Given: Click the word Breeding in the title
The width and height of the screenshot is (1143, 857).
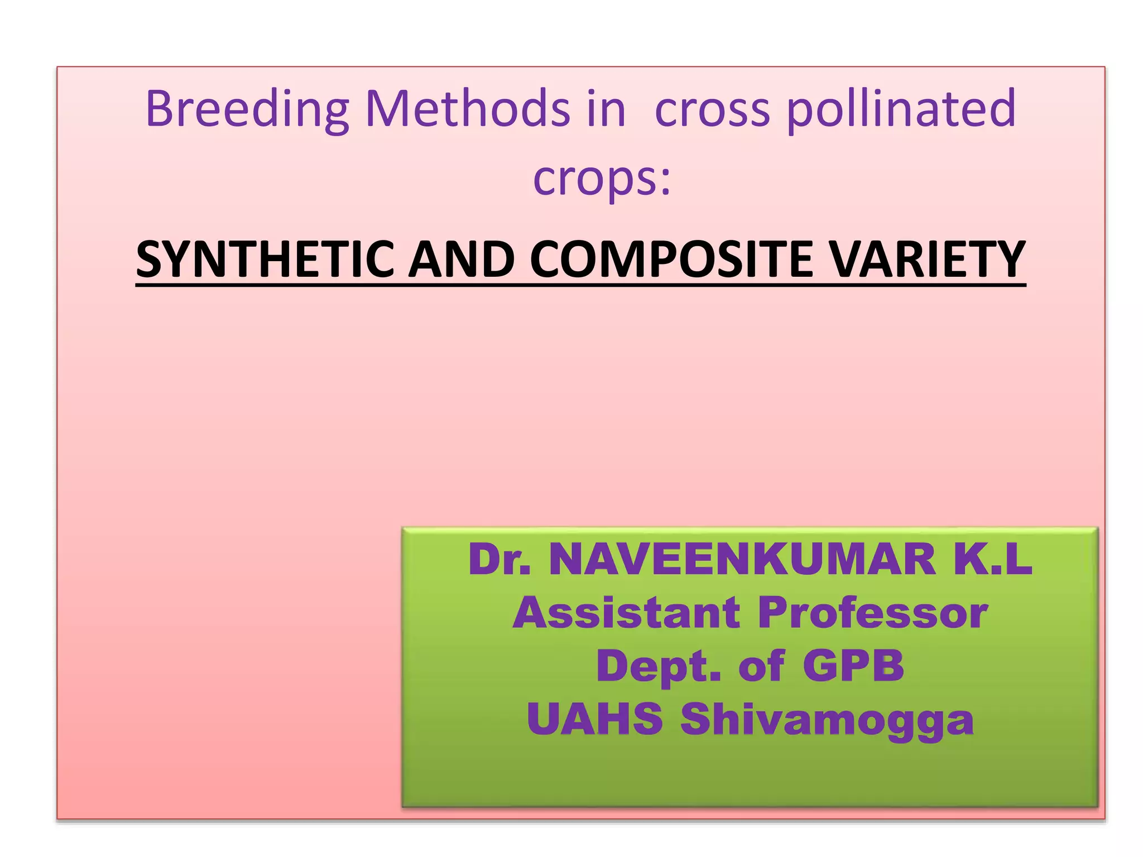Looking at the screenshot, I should (247, 109).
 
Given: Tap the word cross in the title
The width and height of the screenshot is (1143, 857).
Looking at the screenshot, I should (712, 109).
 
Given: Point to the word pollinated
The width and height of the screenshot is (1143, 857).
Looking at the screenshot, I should (901, 109).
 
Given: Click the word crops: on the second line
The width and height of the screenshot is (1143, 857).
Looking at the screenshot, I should (602, 179).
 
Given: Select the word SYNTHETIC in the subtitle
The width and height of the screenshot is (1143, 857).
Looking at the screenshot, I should (265, 259).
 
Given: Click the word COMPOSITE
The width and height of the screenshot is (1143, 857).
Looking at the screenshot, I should (671, 259).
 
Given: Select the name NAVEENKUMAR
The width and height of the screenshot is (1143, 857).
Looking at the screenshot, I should (742, 560).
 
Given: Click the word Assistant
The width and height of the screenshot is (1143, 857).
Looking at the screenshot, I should (626, 613).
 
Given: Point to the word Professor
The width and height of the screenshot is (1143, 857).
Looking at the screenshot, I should (873, 613).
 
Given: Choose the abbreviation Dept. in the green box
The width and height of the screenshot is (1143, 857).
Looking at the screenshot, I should (659, 666).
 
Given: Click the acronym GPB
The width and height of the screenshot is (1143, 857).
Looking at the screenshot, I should (853, 666).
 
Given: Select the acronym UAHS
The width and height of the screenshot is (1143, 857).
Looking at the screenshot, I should (595, 719).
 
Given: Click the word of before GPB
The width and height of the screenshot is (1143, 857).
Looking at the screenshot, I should (761, 666).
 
